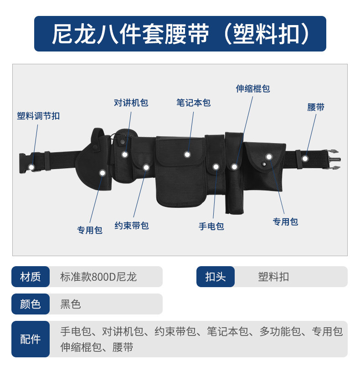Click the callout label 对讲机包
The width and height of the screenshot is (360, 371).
[131, 103]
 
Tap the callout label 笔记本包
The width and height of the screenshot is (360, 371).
[194, 103]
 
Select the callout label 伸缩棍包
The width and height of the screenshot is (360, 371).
[253, 89]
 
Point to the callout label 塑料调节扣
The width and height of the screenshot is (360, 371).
[38, 116]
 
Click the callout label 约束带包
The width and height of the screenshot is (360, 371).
[132, 226]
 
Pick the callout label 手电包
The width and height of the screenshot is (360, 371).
[211, 226]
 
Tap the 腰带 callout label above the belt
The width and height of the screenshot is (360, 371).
[316, 107]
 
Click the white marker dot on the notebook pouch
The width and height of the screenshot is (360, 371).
[187, 155]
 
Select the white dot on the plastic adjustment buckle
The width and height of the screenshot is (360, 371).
[31, 167]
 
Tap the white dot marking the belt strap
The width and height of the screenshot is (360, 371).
[305, 158]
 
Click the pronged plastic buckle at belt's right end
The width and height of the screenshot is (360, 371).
[333, 160]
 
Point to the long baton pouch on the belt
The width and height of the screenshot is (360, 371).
[234, 173]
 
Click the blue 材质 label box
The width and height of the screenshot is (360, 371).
[31, 277]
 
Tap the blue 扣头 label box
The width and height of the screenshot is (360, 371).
[216, 277]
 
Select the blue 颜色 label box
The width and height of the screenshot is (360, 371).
[31, 304]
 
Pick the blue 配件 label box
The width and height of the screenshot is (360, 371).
[31, 339]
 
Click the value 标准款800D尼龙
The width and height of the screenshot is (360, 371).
[98, 277]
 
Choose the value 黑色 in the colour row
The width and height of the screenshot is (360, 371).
[71, 304]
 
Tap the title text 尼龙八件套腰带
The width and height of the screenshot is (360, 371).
[130, 34]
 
